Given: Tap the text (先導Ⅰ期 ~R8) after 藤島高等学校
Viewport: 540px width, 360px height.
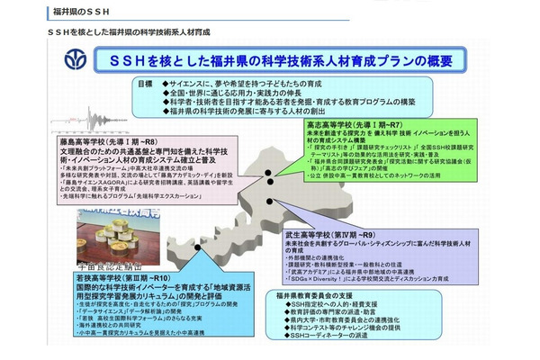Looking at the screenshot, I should pyautogui.click(x=140, y=141).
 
